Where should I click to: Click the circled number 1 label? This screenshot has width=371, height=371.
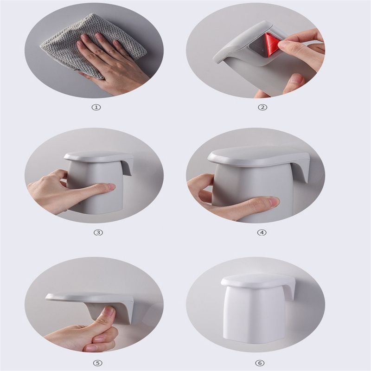(x=96, y=108)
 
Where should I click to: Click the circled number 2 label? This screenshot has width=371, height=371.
(x=262, y=108)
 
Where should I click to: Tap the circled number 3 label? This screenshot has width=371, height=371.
(x=98, y=233)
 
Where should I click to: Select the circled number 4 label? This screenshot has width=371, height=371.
(x=262, y=233)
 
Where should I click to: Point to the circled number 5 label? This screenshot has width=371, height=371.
(x=98, y=363)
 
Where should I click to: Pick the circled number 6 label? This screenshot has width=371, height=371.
(x=260, y=363)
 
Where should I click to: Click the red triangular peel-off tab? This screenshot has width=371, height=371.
(x=272, y=45)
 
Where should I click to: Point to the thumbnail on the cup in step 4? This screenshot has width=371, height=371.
(x=274, y=202)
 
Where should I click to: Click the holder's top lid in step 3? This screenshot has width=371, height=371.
(x=98, y=157)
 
